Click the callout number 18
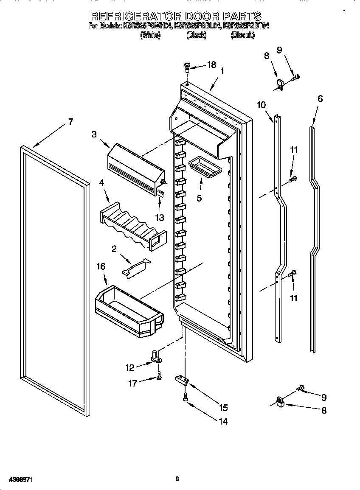click(211, 64)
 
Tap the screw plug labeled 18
click(186, 67)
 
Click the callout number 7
click(70, 122)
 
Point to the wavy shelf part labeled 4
click(132, 224)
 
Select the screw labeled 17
click(159, 376)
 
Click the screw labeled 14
click(186, 397)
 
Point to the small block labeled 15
click(182, 379)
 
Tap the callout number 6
click(320, 98)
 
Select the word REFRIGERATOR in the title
click(136, 16)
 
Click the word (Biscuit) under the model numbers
click(242, 36)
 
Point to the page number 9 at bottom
click(177, 479)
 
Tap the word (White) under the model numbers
click(150, 36)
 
